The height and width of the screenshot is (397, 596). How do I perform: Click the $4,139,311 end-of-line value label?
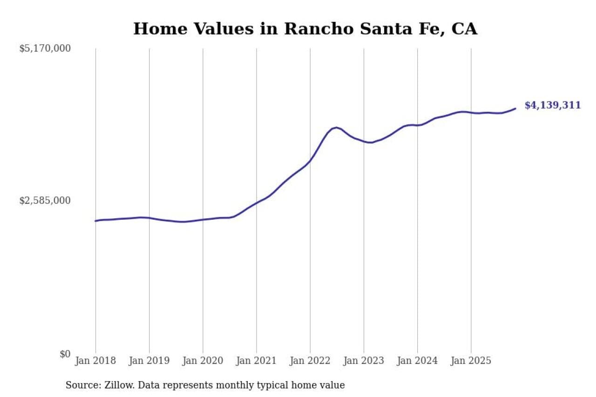pos(552,105)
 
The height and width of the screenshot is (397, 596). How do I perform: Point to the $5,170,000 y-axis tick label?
pos(45,48)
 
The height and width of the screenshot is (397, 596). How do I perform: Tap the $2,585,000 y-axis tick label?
pos(45,201)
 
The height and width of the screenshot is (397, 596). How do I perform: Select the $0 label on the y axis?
pos(65,354)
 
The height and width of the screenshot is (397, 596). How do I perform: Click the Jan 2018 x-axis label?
pos(95,361)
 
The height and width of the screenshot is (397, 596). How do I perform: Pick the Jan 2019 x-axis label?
pos(149,361)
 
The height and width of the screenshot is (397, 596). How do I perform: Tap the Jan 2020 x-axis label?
pos(203,361)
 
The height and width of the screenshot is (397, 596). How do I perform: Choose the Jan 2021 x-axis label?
pos(256,361)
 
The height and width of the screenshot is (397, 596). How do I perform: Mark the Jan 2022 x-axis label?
pos(310,361)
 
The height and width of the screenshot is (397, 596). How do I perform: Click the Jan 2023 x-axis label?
pos(364,361)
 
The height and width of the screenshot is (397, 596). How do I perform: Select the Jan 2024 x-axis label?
pos(417,361)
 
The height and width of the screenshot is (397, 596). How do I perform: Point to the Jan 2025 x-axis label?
pos(471,361)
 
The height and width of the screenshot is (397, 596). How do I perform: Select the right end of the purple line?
pos(515,108)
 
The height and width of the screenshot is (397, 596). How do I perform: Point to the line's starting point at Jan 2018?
pos(95,221)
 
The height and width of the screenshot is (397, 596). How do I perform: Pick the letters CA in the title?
pos(464,29)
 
